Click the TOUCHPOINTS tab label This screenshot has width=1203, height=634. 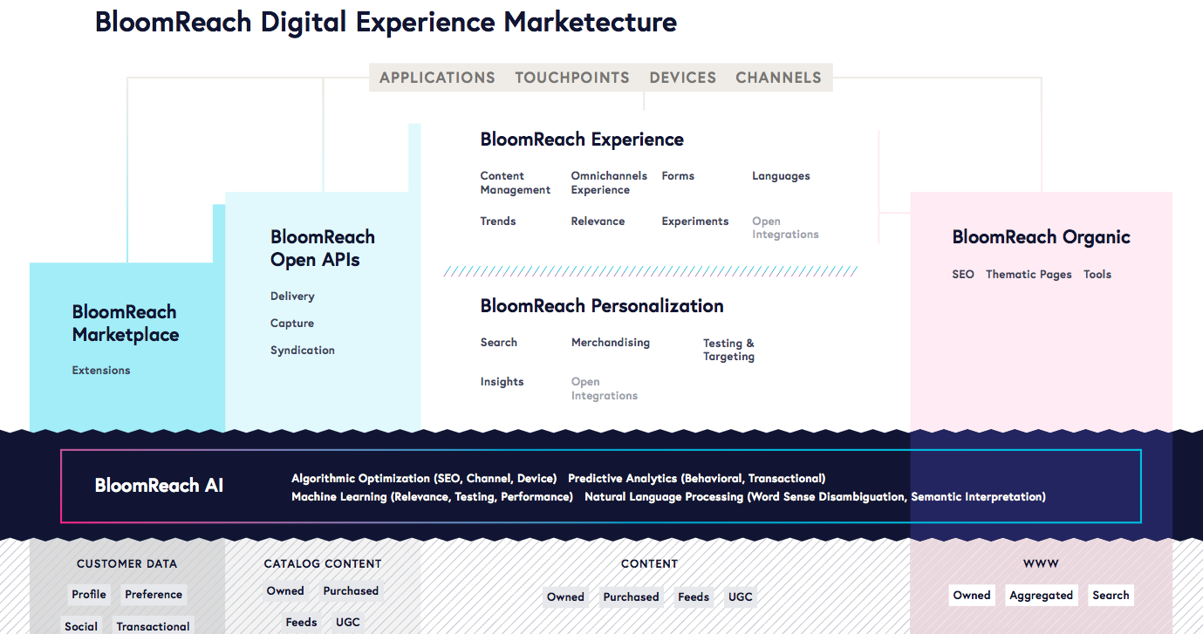[x=572, y=78]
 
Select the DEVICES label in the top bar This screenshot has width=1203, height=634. [x=682, y=78]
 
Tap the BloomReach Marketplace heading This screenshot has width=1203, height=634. [x=126, y=324]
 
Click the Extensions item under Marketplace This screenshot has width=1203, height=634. [x=101, y=371]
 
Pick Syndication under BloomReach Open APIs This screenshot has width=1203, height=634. [x=303, y=351]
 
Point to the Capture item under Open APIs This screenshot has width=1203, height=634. [x=292, y=324]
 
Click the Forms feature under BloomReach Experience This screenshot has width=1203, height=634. [x=678, y=176]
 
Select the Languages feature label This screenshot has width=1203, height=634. [x=781, y=177]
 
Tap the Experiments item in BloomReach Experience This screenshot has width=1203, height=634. [x=695, y=222]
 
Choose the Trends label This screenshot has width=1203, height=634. [x=498, y=222]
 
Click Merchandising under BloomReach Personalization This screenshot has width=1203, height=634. [x=611, y=343]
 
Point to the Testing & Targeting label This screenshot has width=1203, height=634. [x=728, y=350]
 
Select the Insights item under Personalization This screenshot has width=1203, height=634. [x=502, y=382]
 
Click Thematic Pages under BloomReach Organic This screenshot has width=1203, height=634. [x=1029, y=275]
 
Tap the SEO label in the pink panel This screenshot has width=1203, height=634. [x=963, y=275]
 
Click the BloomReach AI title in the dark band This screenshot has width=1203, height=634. [x=159, y=485]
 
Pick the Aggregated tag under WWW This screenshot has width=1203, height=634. [x=1041, y=596]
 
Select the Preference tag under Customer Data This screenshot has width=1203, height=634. [x=154, y=595]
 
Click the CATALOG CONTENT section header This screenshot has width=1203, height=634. [x=323, y=563]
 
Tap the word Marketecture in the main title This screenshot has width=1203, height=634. [x=590, y=22]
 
